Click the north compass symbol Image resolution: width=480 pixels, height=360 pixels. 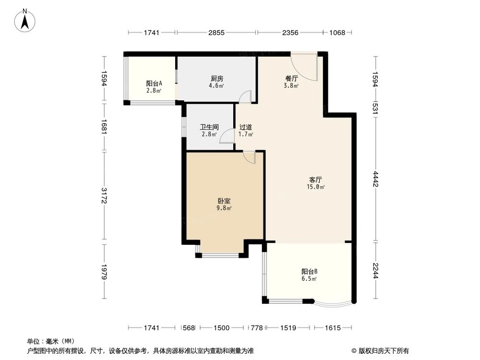pos(25,21)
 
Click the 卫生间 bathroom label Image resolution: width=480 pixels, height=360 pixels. pos(209,127)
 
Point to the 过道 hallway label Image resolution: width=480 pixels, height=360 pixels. pos(246,127)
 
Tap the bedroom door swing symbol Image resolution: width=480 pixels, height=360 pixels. pos(249,157)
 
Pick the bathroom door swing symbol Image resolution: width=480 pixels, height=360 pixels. pos(226,137)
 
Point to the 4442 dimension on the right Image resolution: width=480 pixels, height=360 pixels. pos(376,180)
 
